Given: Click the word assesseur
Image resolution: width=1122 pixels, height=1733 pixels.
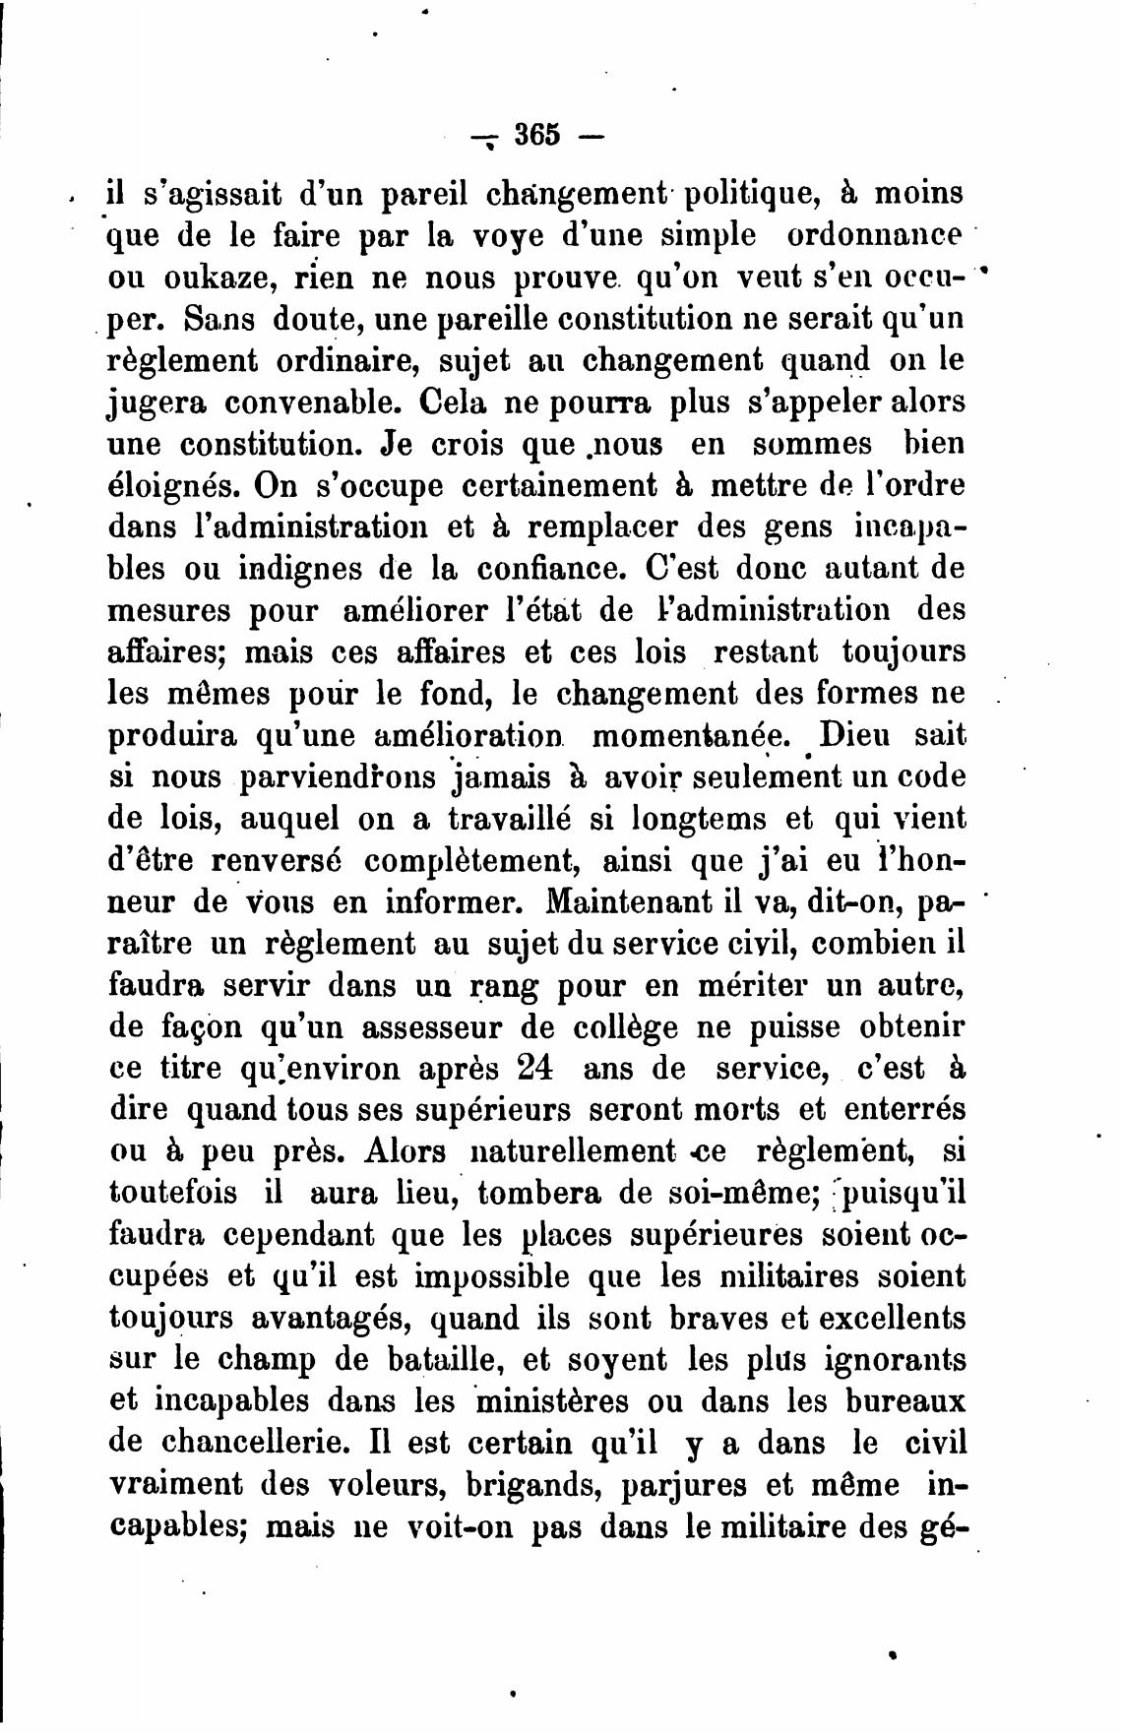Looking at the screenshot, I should [x=429, y=1026].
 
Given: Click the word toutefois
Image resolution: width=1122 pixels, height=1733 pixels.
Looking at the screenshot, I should [x=173, y=1192].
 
